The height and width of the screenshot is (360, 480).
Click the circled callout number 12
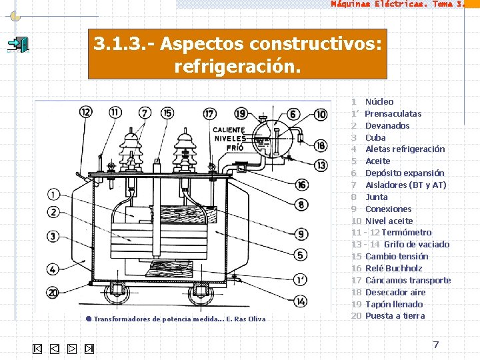click(85, 112)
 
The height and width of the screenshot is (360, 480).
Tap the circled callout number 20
click(53, 292)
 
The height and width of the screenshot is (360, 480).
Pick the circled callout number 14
click(301, 301)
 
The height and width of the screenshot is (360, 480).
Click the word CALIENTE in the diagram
click(228, 130)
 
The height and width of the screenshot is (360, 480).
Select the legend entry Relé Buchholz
click(394, 268)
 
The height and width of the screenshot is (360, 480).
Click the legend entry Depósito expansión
click(405, 173)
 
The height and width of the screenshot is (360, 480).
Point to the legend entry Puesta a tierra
click(395, 316)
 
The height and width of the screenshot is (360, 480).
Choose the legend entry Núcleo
click(379, 101)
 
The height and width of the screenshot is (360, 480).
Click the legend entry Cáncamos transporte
click(408, 280)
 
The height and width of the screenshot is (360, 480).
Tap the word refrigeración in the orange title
click(237, 67)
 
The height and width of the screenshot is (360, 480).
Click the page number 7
click(436, 345)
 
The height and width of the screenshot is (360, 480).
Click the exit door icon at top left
click(18, 45)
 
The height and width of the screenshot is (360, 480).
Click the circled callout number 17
click(209, 113)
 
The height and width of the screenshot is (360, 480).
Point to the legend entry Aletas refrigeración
click(405, 149)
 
